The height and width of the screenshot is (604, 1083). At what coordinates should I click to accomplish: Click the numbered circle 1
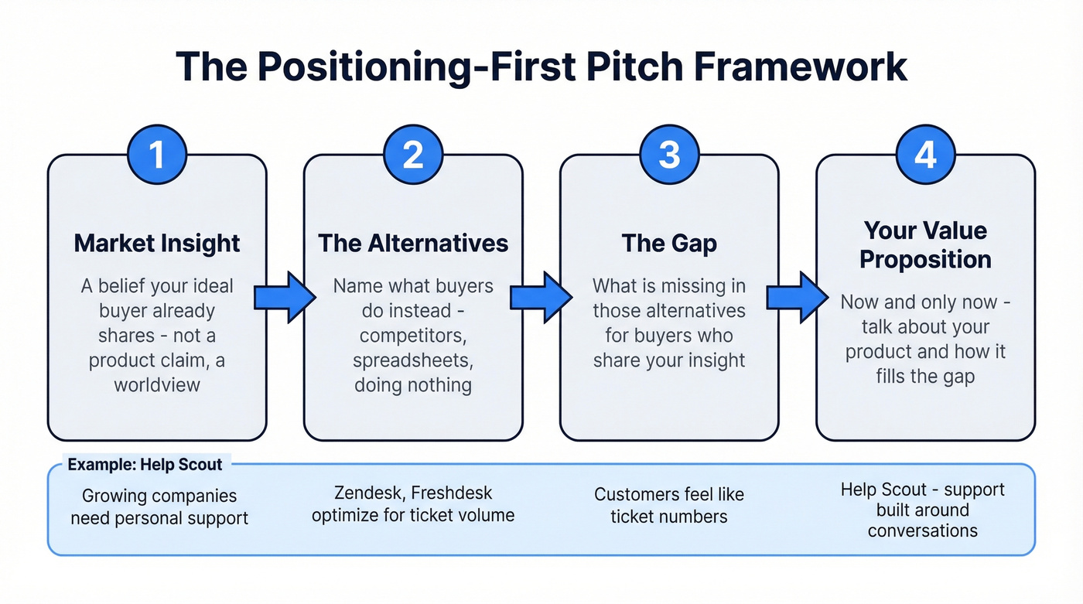[x=157, y=155]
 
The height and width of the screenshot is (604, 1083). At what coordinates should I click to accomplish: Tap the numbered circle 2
[x=413, y=155]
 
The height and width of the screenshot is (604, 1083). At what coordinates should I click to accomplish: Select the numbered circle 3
[x=669, y=155]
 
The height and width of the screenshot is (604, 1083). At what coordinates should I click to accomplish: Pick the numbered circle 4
[x=925, y=155]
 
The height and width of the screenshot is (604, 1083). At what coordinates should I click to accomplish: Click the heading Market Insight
[x=157, y=243]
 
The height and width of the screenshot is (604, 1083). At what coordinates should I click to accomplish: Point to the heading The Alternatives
[x=413, y=243]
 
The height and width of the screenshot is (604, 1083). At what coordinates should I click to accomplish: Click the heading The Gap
[x=669, y=243]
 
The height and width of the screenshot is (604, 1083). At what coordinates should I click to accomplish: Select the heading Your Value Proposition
[x=925, y=244]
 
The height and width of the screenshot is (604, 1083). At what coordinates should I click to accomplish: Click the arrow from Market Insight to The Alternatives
[x=285, y=296]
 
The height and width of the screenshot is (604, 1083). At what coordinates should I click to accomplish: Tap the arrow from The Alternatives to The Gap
[x=541, y=296]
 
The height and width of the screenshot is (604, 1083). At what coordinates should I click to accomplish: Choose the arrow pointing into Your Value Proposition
[x=797, y=296]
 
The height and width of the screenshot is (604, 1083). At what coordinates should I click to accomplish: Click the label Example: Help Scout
[x=145, y=465]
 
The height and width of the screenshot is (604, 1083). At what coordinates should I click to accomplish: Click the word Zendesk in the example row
[x=363, y=493]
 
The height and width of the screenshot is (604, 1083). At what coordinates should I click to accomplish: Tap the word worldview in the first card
[x=157, y=384]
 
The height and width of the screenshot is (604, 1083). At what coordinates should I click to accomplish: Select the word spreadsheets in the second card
[x=413, y=360]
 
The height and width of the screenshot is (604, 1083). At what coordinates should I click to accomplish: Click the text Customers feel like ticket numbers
[x=669, y=505]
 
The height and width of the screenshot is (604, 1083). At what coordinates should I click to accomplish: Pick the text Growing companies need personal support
[x=159, y=507]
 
